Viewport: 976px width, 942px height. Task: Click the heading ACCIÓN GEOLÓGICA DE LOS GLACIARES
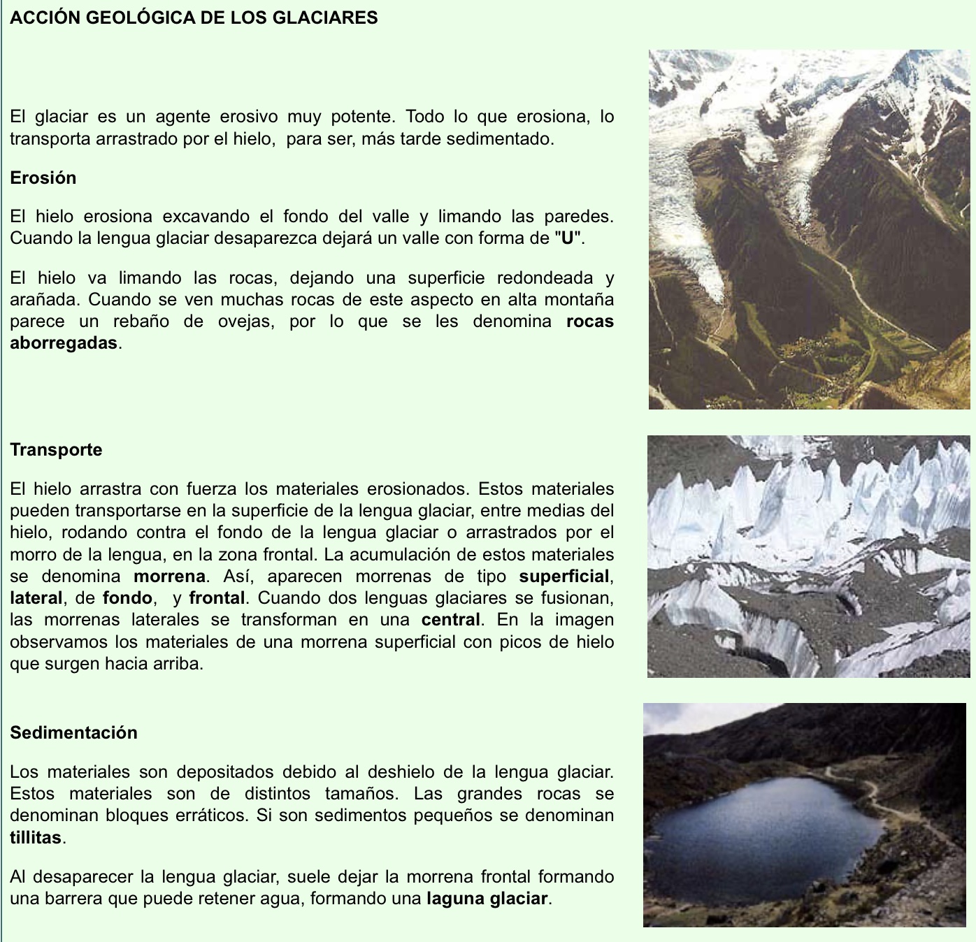[194, 17]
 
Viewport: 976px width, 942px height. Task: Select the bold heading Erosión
[43, 177]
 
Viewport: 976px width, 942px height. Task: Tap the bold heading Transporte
[56, 449]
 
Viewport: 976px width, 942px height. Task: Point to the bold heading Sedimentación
[73, 732]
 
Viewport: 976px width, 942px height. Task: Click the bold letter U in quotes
[568, 238]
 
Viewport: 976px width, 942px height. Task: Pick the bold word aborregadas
[64, 343]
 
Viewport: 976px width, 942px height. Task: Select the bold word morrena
[169, 577]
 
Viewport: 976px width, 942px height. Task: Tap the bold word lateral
[36, 598]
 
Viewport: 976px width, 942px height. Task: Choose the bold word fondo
[127, 598]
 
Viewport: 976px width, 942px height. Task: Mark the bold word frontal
[217, 598]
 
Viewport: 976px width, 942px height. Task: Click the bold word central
[451, 620]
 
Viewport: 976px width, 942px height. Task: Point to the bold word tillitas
[36, 837]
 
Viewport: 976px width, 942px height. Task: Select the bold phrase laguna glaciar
[487, 898]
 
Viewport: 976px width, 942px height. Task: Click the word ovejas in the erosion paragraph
[247, 321]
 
